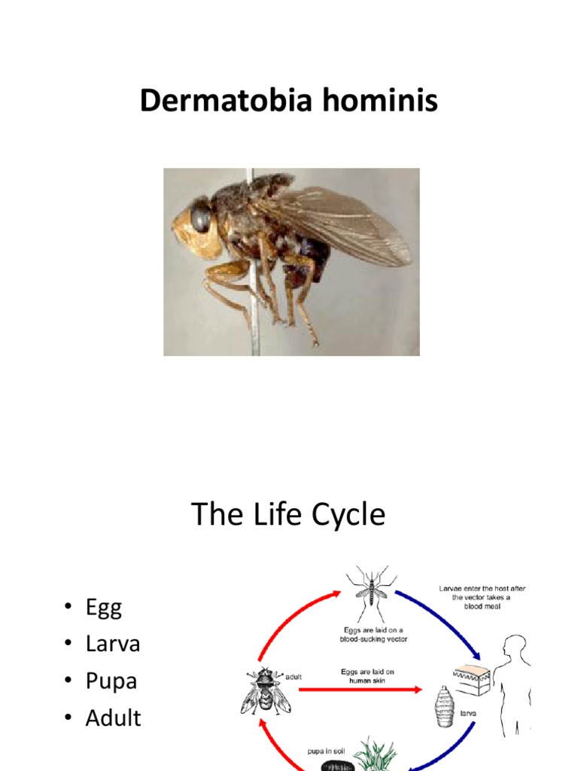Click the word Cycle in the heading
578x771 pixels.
pyautogui.click(x=347, y=515)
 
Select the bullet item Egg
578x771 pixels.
pyautogui.click(x=103, y=608)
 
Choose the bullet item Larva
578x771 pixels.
pyautogui.click(x=113, y=644)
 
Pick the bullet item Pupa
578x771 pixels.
pyautogui.click(x=111, y=681)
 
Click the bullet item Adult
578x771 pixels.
pyautogui.click(x=113, y=718)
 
